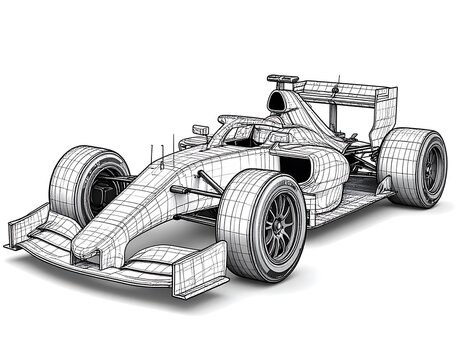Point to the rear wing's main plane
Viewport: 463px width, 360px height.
click(340, 91)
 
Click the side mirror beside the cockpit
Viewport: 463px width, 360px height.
click(200, 129)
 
